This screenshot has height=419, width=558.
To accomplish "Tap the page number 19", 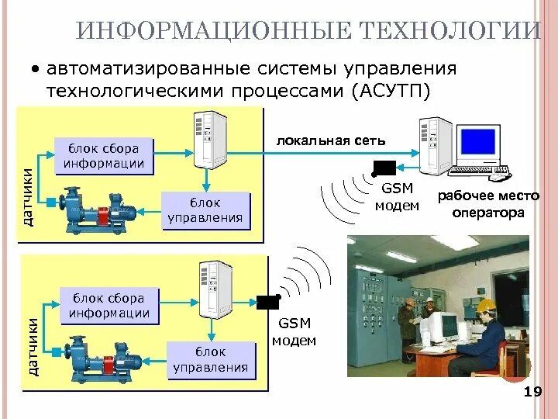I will point(532,392).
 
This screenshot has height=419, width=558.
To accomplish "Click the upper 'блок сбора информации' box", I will point(105,155).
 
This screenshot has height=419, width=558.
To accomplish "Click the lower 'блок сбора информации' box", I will point(109,306).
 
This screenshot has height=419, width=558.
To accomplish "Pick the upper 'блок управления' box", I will point(205,209).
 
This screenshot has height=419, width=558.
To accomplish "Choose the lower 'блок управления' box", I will point(211,359).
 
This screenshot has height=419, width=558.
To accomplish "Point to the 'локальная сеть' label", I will point(331,140).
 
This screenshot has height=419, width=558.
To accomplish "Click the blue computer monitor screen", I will point(477,141).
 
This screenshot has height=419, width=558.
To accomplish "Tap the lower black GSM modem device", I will point(268,303).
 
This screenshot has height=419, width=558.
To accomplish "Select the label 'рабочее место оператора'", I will point(481,204).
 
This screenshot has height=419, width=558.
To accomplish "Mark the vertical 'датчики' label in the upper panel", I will point(28,197).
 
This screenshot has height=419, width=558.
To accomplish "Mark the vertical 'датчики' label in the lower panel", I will point(33,347).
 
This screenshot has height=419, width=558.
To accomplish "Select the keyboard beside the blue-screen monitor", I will point(480,170).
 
